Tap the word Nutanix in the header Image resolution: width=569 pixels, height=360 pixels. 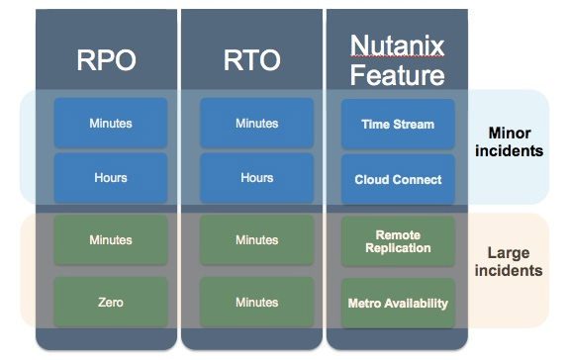pos(398,44)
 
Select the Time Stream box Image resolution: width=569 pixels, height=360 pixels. pos(398,124)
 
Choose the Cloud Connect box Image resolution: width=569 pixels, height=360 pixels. pos(398,179)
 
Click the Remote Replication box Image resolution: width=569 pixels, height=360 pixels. pos(398,241)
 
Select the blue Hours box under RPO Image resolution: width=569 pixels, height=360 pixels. pos(110,178)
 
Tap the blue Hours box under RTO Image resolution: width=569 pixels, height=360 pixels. pos(256,178)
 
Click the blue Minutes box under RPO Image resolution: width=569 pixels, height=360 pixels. pos(110,124)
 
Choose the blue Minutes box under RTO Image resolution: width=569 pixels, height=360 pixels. pos(256,124)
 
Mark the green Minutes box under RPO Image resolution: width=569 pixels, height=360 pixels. pos(110,240)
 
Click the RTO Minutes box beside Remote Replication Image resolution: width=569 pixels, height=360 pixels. pos(256,240)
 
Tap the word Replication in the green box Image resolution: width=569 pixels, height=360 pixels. pos(398,247)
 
